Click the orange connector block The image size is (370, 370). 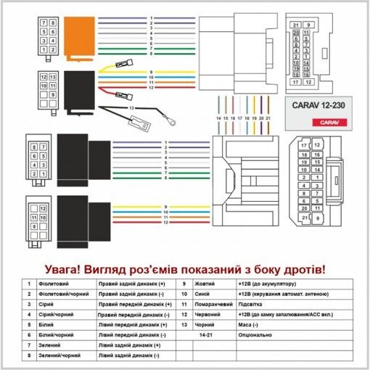tap(78, 36)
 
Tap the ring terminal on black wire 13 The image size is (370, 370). tap(168, 123)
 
